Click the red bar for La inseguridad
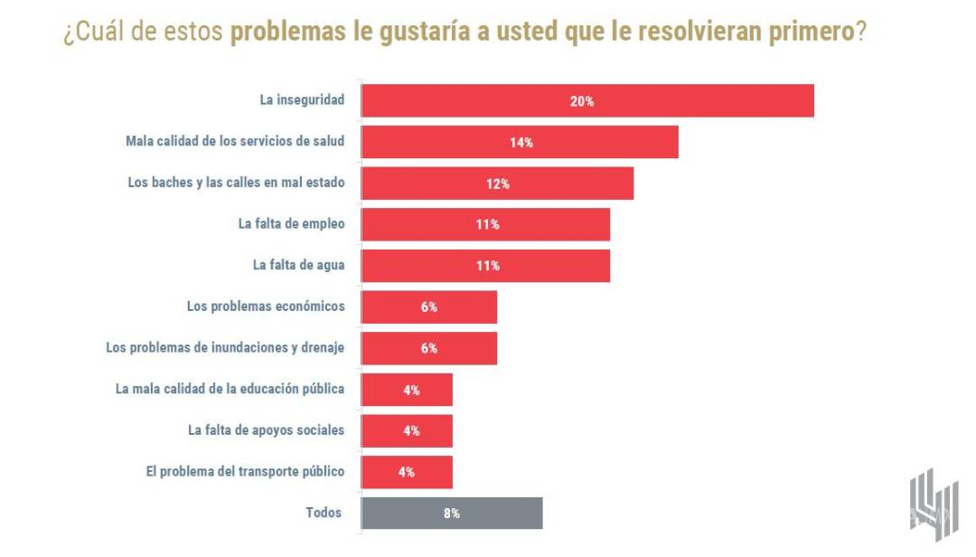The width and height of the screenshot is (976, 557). coord(587,101)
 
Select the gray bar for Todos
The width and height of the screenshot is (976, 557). coord(452,513)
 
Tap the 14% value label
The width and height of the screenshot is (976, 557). coord(521,142)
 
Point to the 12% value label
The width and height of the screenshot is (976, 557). coord(498,184)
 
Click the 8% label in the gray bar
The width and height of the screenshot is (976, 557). coord(452,513)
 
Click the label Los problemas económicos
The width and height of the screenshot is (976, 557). coord(266,307)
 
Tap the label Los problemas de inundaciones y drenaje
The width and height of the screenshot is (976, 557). coord(225,347)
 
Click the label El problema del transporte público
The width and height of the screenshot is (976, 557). coord(245,471)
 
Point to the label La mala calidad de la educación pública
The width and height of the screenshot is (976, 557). coord(230,389)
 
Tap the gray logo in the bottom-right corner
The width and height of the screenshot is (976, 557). coord(933,505)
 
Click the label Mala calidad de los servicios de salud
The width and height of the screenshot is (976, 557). coord(235,142)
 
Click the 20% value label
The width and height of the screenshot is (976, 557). coord(582,101)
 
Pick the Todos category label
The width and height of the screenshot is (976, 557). coord(324,513)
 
